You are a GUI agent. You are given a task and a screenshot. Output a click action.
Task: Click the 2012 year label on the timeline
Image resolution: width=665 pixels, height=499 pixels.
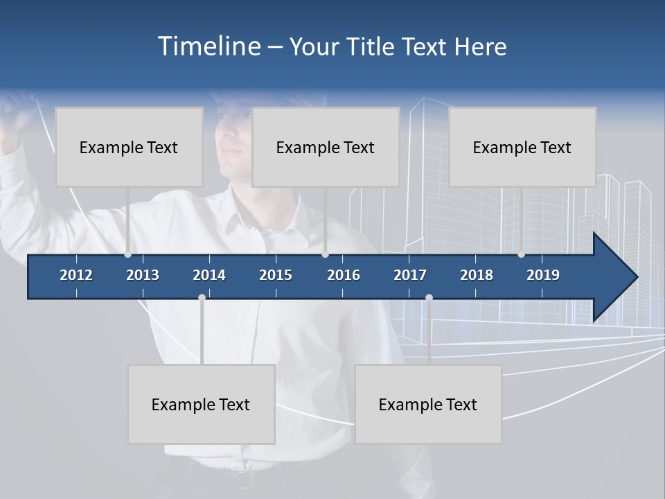76,275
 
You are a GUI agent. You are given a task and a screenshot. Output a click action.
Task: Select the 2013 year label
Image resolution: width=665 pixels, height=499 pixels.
143,275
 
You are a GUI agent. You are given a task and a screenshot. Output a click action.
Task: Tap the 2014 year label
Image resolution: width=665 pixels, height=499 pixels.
209,275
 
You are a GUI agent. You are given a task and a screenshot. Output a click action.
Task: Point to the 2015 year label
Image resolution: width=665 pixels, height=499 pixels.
276,275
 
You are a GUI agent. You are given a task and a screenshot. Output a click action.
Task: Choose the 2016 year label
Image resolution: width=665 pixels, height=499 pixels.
344,275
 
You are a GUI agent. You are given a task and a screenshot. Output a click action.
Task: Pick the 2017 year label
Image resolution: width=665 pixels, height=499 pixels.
410,275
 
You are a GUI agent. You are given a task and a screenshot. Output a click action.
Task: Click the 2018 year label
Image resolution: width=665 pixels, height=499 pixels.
477,275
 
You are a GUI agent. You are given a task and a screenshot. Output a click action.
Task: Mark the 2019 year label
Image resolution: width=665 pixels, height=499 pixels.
543,275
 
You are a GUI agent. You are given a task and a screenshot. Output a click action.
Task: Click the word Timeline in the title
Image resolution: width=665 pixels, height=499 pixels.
209,46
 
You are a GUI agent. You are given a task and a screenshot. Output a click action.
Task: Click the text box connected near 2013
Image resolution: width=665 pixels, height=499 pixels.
129,147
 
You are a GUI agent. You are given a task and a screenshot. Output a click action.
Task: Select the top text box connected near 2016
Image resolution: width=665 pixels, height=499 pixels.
326,147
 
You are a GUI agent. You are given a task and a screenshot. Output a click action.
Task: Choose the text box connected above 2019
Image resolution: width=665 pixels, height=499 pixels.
522,147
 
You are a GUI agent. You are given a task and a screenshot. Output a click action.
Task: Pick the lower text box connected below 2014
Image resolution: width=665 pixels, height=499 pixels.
201,404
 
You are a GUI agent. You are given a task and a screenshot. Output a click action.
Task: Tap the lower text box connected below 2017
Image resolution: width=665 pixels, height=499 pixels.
428,404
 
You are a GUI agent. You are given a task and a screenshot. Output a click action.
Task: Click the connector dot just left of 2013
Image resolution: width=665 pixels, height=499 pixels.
128,254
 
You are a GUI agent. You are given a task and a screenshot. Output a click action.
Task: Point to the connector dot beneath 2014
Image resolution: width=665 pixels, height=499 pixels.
202,298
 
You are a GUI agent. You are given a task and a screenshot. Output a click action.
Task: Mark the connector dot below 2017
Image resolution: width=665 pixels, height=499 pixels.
429,298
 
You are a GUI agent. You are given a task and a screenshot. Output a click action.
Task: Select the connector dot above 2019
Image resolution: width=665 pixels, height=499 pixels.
522,254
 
